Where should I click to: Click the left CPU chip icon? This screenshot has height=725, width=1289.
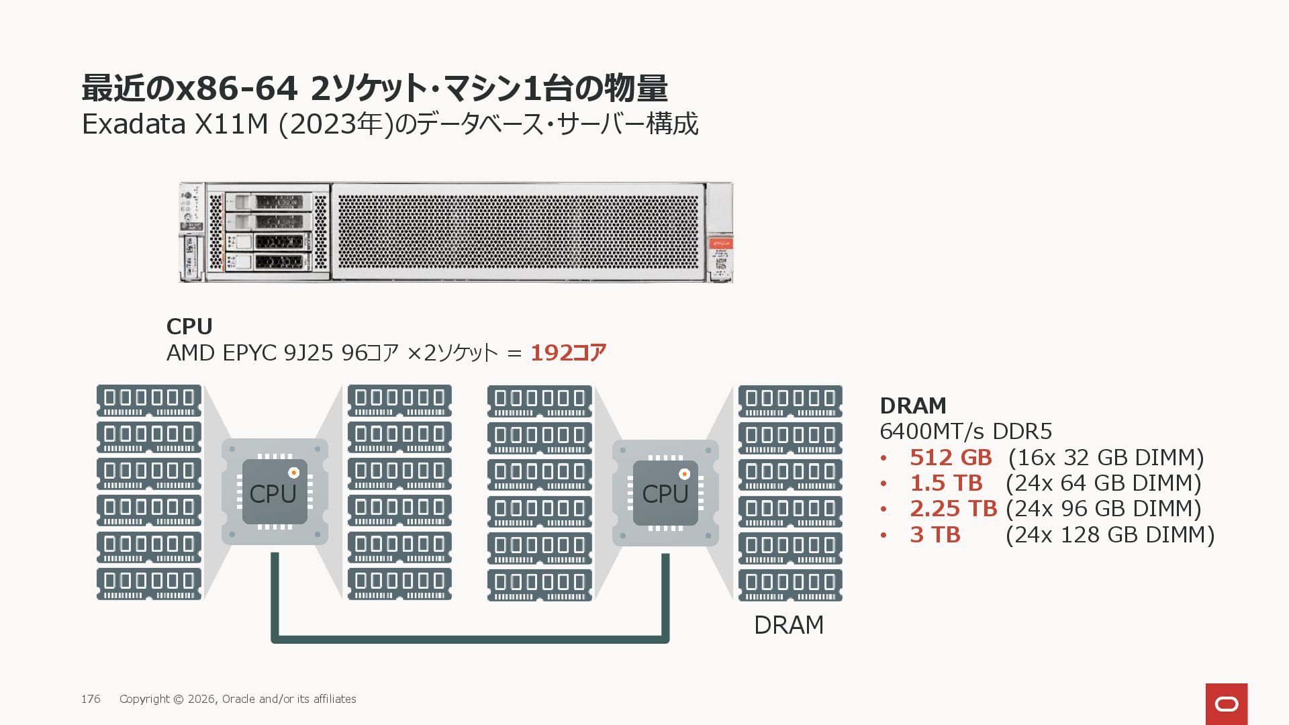point(274,492)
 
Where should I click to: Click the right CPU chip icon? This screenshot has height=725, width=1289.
point(665,493)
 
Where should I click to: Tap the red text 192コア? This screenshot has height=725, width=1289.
point(568,352)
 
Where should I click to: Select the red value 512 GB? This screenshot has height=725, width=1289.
point(951,457)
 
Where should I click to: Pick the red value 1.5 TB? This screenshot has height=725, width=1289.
point(946,483)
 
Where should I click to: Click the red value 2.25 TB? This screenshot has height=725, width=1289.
point(953,508)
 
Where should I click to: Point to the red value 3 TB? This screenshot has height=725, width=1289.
point(935,534)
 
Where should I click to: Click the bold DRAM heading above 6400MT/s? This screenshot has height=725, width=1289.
point(913,405)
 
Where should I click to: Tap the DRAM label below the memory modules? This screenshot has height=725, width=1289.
point(789,625)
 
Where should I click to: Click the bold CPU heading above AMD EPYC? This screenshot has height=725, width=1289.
point(189,326)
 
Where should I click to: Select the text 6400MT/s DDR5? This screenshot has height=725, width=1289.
point(965,431)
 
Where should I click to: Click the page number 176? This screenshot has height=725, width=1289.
point(91,699)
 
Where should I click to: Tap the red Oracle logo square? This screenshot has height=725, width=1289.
point(1227,704)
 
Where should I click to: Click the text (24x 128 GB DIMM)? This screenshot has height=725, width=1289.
point(1110,534)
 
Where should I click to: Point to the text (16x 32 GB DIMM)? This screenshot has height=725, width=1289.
point(1106,457)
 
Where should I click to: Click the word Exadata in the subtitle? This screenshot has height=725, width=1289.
point(134,124)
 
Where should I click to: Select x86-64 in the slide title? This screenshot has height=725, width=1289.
point(236,88)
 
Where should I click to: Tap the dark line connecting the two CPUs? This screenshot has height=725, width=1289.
point(470,638)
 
